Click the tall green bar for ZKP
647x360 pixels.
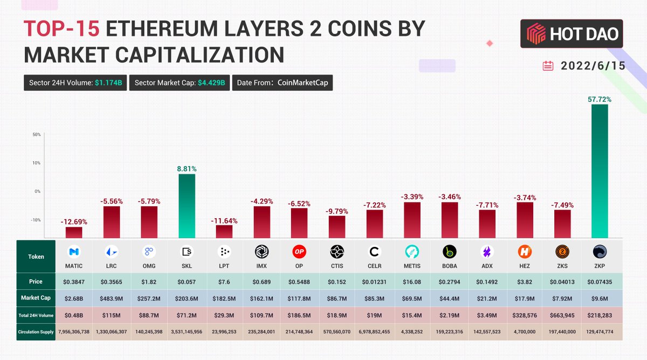tap(600, 171)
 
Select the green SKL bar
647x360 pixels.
tap(187, 206)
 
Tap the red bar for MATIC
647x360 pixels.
tap(74, 232)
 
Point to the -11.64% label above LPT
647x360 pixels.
tap(224, 220)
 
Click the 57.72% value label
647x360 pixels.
tap(600, 100)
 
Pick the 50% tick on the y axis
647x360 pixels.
tap(37, 134)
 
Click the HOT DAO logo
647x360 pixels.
tap(572, 35)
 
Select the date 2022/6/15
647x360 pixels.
tap(593, 66)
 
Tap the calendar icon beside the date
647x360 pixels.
tap(548, 66)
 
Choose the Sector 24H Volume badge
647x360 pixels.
tap(75, 82)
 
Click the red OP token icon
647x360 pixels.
tap(299, 252)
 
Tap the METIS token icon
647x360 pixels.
tap(412, 252)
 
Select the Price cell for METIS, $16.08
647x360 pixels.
tap(412, 281)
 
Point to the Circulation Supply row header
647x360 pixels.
tap(36, 332)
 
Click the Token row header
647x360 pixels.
tap(36, 257)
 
